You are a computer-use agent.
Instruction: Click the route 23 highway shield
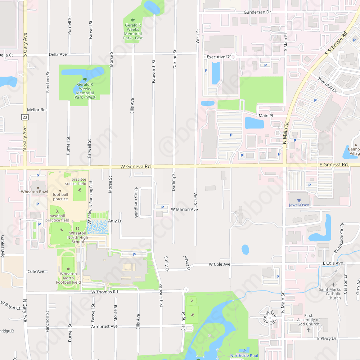pos(25,117)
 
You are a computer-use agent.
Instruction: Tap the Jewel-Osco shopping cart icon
pos(299,200)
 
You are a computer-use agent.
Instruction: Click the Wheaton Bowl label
pos(34,192)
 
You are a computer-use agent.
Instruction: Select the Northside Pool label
pos(244,356)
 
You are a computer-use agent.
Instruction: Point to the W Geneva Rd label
pos(135,167)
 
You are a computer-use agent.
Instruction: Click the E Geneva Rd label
pos(333,165)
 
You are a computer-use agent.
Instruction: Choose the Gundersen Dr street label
pos(257,12)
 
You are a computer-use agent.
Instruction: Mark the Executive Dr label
pos(219,57)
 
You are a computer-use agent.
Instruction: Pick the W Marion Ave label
pos(184,209)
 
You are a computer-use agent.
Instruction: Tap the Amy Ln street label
pos(115,221)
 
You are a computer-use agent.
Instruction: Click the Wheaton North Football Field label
pos(68,278)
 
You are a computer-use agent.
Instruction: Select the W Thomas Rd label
pos(104,292)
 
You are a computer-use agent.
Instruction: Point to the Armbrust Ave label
pos(104,327)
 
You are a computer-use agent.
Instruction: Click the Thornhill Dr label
pos(327,85)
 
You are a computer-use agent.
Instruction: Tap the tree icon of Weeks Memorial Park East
pos(133,20)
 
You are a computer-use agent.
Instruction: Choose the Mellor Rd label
pos(36,110)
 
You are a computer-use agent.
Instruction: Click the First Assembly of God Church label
pos(308,320)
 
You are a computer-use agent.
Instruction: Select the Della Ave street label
pos(58,54)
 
